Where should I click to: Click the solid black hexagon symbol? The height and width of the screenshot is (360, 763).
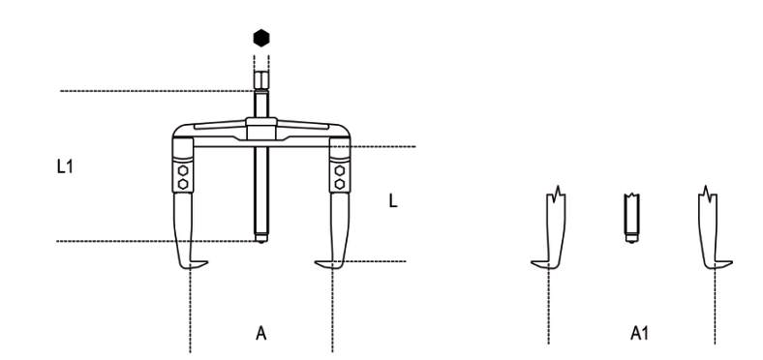(x=261, y=38)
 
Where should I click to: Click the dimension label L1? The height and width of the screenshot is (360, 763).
(x=65, y=166)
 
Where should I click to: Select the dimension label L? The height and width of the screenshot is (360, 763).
(x=393, y=201)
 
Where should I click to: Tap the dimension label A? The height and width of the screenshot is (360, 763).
(x=261, y=334)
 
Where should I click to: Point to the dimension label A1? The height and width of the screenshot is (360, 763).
(x=639, y=334)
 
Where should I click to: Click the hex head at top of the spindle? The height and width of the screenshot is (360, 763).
(x=261, y=80)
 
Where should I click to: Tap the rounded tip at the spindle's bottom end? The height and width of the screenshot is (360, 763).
(x=261, y=239)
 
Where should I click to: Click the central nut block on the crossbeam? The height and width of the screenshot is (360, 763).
(x=261, y=129)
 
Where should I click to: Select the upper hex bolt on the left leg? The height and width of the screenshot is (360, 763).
(x=183, y=170)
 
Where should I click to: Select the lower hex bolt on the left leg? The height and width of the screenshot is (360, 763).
(x=183, y=184)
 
